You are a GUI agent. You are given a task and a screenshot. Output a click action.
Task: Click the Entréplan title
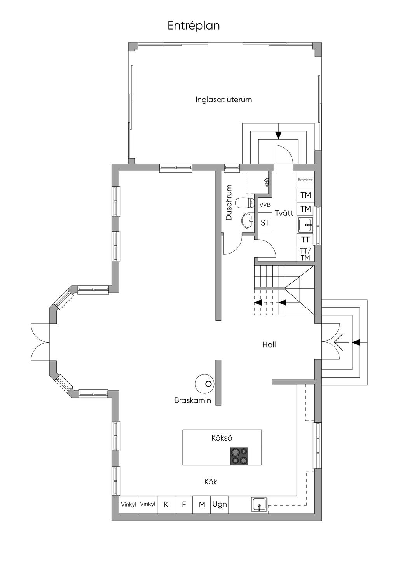[x=194, y=26]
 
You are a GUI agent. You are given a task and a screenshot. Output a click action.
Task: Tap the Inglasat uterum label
[x=223, y=100]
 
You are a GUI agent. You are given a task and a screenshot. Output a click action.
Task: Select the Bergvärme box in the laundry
[x=305, y=180]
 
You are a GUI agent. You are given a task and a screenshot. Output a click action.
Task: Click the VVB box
[x=265, y=205]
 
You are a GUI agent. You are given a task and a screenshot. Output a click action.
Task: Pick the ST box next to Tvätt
[x=265, y=223]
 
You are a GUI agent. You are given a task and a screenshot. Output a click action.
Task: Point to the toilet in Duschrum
[x=245, y=203]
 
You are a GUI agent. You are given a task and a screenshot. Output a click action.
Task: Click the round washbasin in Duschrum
[x=248, y=221]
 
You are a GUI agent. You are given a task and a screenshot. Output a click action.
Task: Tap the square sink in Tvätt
[x=305, y=225]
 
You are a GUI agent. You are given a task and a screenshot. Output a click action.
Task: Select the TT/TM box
[x=305, y=254]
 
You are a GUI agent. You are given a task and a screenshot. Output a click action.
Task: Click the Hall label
[x=269, y=344]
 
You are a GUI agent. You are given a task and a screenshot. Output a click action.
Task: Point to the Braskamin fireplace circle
[x=204, y=384]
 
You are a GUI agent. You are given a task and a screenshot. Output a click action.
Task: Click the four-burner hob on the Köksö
[x=239, y=456]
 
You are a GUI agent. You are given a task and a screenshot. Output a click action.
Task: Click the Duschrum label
[x=229, y=203]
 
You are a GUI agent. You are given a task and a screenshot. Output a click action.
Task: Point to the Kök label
[x=211, y=482]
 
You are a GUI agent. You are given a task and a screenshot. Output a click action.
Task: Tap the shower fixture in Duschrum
[x=266, y=182]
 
